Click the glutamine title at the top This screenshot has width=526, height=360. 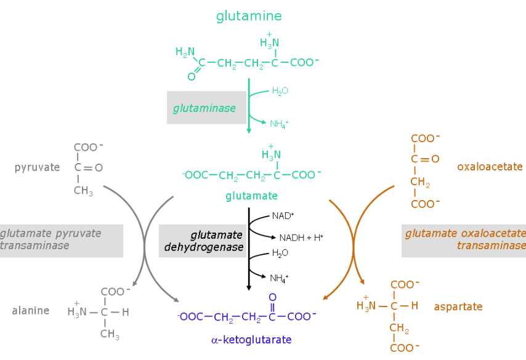click(x=249, y=16)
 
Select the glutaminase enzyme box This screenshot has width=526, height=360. click(x=206, y=108)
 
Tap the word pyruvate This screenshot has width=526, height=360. click(x=37, y=167)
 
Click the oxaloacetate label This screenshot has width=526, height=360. click(x=490, y=167)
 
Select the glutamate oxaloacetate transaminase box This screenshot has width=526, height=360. click(x=464, y=240)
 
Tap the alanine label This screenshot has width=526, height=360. click(x=30, y=311)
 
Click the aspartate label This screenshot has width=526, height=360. click(x=458, y=306)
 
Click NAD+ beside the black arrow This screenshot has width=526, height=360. click(x=283, y=216)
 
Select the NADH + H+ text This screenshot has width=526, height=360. click(x=301, y=238)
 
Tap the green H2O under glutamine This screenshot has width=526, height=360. click(x=280, y=91)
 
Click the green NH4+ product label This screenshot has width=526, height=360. click(x=279, y=124)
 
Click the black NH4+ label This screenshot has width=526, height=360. click(x=279, y=278)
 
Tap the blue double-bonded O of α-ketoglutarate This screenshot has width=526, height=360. click(x=272, y=298)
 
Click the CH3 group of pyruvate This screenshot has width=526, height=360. click(x=83, y=191)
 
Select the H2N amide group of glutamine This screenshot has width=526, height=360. click(x=185, y=52)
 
